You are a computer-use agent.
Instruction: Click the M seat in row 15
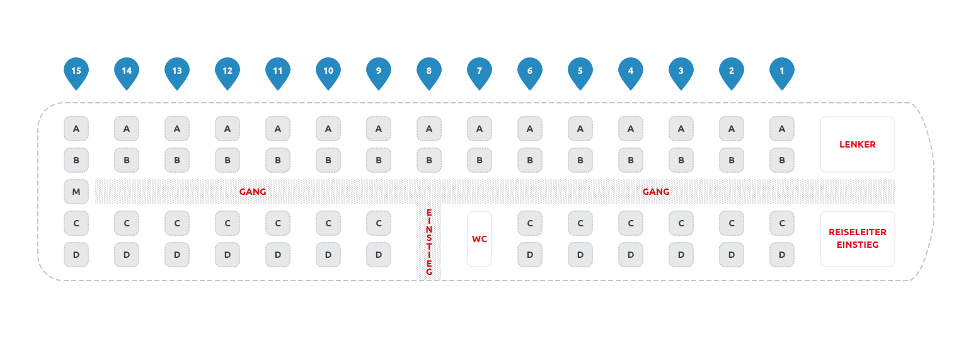(76, 192)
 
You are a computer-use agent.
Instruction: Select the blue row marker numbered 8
(429, 71)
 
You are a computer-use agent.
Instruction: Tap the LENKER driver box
(857, 144)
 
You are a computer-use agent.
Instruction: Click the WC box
(480, 239)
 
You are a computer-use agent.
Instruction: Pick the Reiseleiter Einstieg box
(857, 239)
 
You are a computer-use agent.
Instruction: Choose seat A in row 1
(782, 129)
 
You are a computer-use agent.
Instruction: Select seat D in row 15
(76, 255)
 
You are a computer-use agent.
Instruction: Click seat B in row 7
(480, 160)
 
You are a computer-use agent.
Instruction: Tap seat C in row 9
(379, 223)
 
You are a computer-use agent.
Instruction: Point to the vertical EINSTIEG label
(429, 241)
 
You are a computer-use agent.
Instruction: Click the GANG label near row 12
(253, 192)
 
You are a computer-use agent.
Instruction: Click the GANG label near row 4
(656, 192)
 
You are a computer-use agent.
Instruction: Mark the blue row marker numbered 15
(76, 71)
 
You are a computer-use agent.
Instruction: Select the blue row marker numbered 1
(782, 71)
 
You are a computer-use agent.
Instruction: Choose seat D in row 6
(530, 255)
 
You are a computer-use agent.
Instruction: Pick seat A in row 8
(429, 129)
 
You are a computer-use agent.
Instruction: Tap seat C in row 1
(782, 223)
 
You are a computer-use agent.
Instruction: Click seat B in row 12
(227, 160)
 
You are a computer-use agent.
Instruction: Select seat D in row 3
(681, 255)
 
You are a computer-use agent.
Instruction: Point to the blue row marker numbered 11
(278, 71)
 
